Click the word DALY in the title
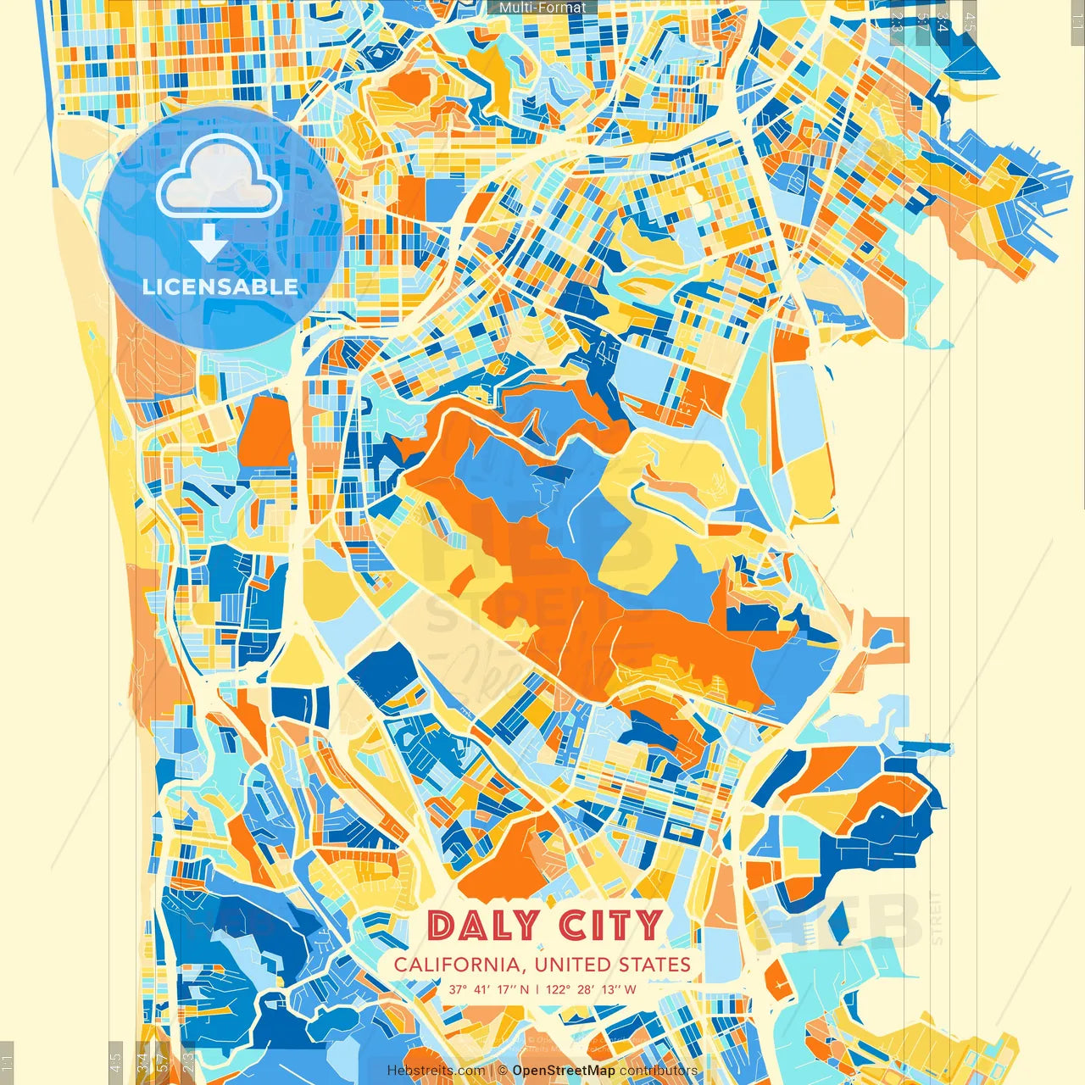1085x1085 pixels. [483, 925]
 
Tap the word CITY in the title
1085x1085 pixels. [609, 925]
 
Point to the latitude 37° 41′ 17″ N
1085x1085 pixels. [489, 989]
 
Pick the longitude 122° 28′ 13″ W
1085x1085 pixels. [591, 989]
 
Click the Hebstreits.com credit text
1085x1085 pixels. [436, 1071]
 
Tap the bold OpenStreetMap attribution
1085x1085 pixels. [564, 1071]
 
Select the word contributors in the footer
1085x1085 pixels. [659, 1071]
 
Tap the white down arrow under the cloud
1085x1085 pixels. [208, 243]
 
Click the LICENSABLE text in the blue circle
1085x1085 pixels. [220, 287]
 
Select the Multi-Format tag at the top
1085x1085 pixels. [542, 8]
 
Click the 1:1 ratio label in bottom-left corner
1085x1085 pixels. [7, 1061]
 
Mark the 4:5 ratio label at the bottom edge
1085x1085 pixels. [115, 1061]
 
